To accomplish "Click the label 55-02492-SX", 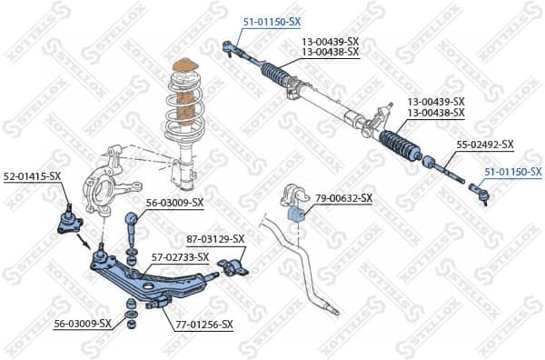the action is click(x=484, y=144).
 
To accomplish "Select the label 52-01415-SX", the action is click(x=32, y=175).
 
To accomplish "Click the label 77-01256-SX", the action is click(x=203, y=324).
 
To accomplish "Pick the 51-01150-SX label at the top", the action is click(x=271, y=20).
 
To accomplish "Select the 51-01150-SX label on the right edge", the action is click(x=512, y=171).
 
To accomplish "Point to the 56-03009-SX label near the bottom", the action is click(x=82, y=323).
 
